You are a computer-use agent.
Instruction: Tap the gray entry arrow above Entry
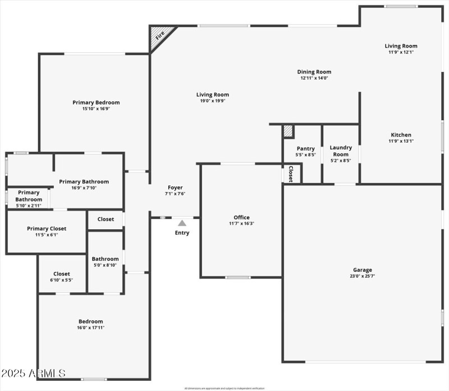pyautogui.click(x=182, y=223)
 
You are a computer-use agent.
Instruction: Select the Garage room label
pyautogui.click(x=362, y=270)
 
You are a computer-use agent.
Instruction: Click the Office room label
pyautogui.click(x=241, y=217)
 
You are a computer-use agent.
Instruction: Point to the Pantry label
pyautogui.click(x=306, y=148)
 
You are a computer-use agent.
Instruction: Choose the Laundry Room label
pyautogui.click(x=341, y=151)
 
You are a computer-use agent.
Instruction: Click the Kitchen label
pyautogui.click(x=401, y=135)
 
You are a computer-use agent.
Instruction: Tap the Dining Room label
pyautogui.click(x=314, y=72)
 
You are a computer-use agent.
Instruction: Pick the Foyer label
pyautogui.click(x=175, y=188)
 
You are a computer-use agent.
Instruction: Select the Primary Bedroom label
pyautogui.click(x=96, y=102)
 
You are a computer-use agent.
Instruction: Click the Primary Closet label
pyautogui.click(x=47, y=229)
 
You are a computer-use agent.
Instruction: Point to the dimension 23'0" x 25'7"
pyautogui.click(x=362, y=276)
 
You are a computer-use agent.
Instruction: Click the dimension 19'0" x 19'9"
pyautogui.click(x=212, y=101)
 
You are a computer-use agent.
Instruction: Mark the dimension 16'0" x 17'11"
pyautogui.click(x=90, y=328)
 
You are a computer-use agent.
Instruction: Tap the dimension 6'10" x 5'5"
pyautogui.click(x=61, y=280)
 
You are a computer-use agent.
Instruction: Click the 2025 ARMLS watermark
pyautogui.click(x=33, y=373)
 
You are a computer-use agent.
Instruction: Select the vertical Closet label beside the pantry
pyautogui.click(x=291, y=174)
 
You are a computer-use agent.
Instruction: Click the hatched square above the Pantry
pyautogui.click(x=288, y=131)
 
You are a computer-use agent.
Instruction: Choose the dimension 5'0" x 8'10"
pyautogui.click(x=105, y=265)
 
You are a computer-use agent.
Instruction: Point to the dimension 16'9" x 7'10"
pyautogui.click(x=84, y=188)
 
